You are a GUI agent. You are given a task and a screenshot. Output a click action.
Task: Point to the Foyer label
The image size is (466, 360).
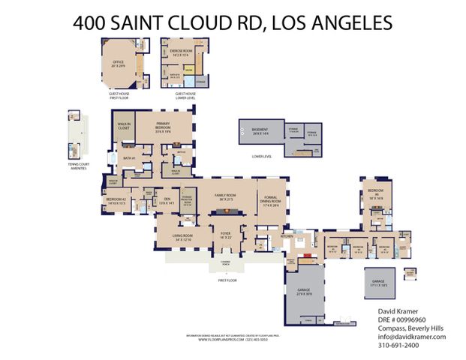coord(224,235)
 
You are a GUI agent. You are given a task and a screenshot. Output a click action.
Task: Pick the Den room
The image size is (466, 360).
coord(167,200)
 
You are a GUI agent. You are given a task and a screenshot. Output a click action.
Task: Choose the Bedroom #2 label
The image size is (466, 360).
coord(119,199)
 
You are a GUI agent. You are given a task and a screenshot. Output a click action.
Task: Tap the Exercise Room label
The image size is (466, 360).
coord(182,52)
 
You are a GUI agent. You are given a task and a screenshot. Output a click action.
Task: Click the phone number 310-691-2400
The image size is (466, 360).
coord(398,346)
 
